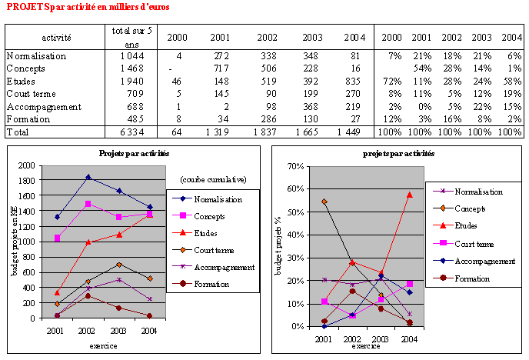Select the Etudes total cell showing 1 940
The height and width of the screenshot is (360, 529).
[x=123, y=81]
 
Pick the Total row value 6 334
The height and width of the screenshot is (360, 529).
[x=123, y=132]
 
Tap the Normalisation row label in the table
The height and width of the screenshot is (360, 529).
[x=36, y=56]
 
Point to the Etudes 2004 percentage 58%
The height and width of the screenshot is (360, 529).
[x=511, y=81]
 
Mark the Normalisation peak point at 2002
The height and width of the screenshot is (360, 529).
[x=89, y=177]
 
